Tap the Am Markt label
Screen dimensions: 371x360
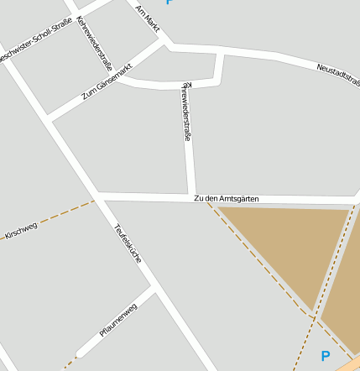tap(148, 16)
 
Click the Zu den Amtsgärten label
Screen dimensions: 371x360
tap(226, 198)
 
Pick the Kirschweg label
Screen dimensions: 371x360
tap(21, 228)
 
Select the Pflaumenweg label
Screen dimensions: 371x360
tap(117, 320)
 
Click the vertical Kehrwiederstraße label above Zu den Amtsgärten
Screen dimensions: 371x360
tap(186, 111)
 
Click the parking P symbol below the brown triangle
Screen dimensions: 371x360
tap(326, 357)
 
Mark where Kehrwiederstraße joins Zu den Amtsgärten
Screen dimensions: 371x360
tap(191, 197)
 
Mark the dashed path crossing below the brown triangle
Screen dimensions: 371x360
tap(315, 317)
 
